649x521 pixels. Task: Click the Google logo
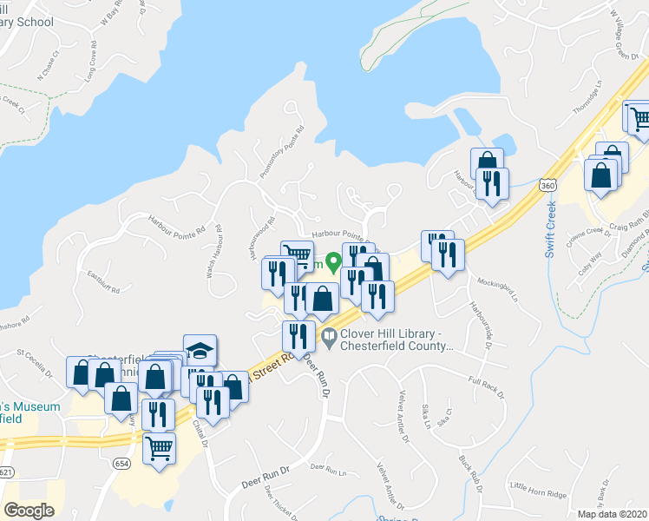click(x=28, y=511)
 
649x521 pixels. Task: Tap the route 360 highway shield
click(x=547, y=185)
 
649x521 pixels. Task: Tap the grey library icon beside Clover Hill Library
click(x=329, y=337)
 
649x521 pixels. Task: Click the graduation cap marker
click(x=200, y=349)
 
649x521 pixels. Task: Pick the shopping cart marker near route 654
click(x=159, y=450)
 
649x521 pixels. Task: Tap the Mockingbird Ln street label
click(x=496, y=289)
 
